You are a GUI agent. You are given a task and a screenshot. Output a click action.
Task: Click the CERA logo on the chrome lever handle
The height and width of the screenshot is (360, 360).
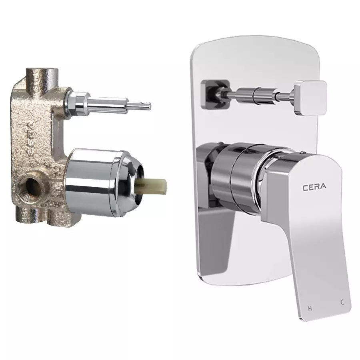(314, 186)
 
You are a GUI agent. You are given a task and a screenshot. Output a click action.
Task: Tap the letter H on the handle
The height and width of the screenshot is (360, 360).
(309, 308)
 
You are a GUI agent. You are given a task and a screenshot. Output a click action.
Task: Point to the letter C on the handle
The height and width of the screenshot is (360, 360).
(342, 303)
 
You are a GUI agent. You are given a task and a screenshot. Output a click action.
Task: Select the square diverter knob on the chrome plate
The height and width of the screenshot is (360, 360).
(310, 96)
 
